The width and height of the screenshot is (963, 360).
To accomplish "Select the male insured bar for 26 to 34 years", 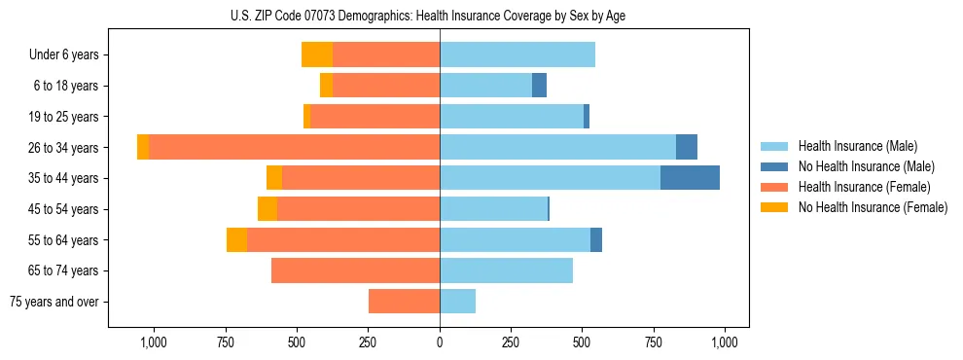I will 557,147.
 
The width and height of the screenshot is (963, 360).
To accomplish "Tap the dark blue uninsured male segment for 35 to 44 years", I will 690,178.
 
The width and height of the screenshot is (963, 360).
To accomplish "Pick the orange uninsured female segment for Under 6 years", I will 317,54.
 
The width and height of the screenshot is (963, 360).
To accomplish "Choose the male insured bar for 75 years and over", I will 457,302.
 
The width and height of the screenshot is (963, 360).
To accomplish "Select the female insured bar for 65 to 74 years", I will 355,270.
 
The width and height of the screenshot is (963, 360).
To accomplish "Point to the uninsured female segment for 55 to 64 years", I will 236,239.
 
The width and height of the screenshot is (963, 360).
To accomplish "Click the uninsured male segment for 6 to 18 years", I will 539,86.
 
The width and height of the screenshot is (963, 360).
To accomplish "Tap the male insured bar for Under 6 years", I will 517,54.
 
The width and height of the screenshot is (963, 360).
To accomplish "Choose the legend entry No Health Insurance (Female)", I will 873,207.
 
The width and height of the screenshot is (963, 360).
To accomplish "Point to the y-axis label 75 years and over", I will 54,302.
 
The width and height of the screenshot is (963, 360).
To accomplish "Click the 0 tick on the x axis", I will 440,342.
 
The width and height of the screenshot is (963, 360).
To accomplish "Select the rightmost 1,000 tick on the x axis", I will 725,342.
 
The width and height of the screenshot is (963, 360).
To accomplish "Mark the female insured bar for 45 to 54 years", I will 358,209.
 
